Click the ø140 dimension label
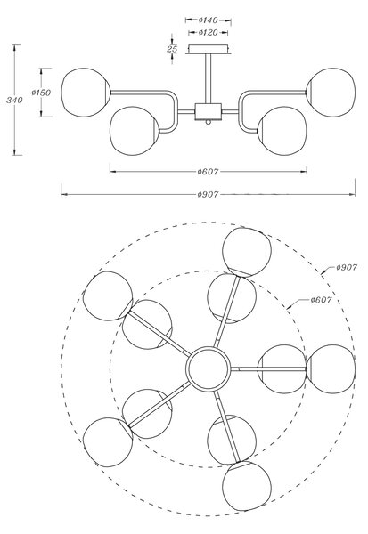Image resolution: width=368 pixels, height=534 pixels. coord(208,20)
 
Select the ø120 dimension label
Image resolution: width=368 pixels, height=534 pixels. coord(208,33)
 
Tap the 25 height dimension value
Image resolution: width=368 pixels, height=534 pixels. coord(172,49)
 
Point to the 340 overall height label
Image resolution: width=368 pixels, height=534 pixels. coord(14,100)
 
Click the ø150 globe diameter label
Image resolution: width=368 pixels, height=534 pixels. coord(41,93)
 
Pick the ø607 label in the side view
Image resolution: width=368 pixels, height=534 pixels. coord(208,172)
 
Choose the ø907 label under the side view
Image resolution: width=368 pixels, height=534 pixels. coord(208,194)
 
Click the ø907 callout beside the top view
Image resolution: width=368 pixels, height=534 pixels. coord(347,268)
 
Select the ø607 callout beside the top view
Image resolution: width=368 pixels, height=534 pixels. coord(321,300)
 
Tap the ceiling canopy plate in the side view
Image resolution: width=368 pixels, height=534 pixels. coord(208,49)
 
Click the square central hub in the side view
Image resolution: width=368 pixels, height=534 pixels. coord(208,112)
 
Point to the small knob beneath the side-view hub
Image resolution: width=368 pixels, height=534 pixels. coord(208,122)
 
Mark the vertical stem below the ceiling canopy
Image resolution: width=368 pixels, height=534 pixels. coord(208,78)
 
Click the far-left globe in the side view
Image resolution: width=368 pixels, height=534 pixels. coord(86,93)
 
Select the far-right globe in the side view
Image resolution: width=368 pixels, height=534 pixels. coord(331,93)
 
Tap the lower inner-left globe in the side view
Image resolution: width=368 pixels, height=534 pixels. coord(135,131)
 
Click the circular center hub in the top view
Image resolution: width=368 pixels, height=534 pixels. coord(208,368)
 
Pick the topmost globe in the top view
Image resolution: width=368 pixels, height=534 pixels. coord(247,252)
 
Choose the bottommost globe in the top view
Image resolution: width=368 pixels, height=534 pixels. coord(247,486)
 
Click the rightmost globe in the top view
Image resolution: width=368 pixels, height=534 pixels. coord(331,369)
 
